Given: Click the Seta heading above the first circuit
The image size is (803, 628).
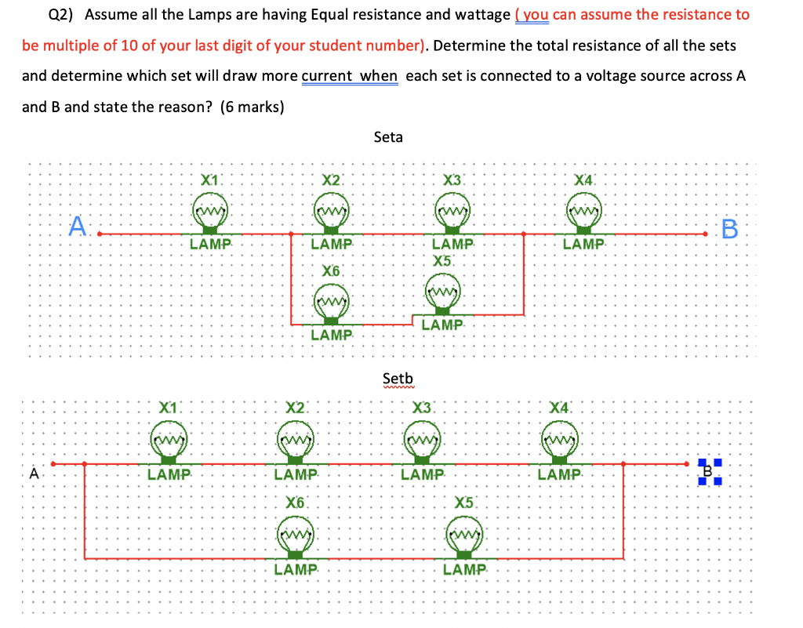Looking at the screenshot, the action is pos(388,137).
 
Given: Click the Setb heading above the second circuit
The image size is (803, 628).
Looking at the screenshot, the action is pos(398,379).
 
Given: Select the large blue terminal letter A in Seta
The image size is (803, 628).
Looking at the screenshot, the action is pos(77,227).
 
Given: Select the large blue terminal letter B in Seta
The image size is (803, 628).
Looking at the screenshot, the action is pos(729,229).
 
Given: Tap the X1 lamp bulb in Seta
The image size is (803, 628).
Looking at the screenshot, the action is pos(210,213).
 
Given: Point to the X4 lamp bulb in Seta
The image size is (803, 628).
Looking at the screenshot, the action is pos(584,213).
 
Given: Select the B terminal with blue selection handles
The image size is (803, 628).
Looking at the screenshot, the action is pos(708,471).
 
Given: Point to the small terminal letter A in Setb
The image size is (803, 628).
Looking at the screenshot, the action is pos(33,474).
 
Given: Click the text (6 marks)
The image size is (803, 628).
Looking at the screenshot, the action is pos(252,107).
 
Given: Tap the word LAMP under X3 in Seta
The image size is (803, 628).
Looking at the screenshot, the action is pos(453,245).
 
